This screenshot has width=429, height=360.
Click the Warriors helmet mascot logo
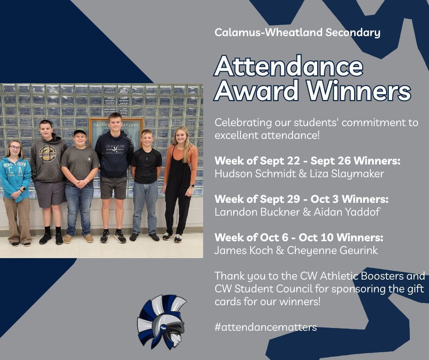point(162,322)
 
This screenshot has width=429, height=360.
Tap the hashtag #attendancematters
point(266,327)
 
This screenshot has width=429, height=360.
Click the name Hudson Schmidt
point(255,174)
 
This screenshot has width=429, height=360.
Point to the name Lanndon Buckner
point(257,212)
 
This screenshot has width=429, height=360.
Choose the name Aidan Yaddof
point(347,212)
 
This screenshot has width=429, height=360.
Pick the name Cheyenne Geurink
point(332,250)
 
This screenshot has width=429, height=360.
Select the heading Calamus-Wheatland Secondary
point(298,32)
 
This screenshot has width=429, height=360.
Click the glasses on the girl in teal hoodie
point(15,148)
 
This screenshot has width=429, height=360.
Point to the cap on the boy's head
point(80,132)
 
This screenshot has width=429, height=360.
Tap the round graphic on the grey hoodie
point(47,154)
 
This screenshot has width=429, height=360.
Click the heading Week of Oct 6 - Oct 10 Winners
point(299,237)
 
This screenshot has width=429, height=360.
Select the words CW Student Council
point(263,289)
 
